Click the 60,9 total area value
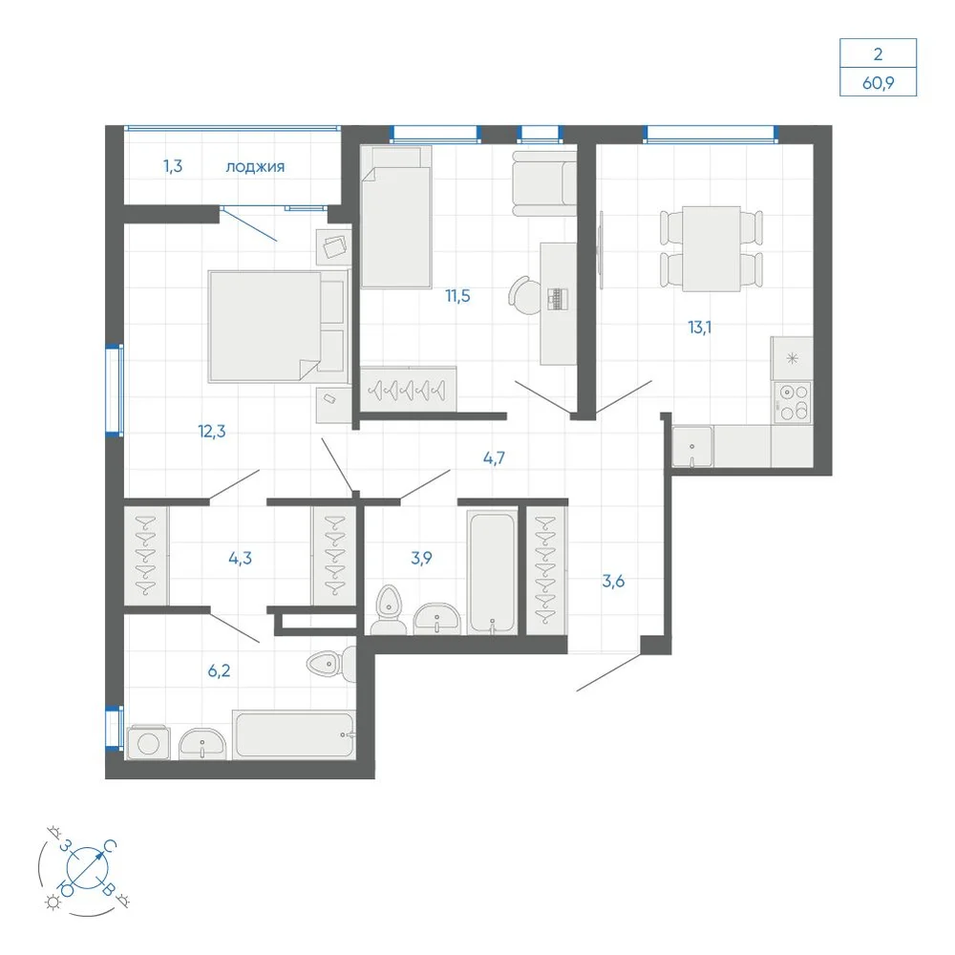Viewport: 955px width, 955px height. (878, 82)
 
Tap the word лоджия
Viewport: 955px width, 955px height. (255, 167)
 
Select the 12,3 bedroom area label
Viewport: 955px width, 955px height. (211, 432)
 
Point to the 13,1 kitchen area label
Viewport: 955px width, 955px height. (700, 328)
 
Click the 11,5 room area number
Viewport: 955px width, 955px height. (457, 296)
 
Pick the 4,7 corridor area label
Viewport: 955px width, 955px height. (494, 458)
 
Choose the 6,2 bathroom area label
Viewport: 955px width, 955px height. (220, 670)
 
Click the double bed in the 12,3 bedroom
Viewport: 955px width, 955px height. (278, 327)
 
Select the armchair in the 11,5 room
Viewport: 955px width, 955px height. (544, 183)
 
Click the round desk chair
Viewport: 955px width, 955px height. (523, 295)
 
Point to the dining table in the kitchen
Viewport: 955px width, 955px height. (711, 249)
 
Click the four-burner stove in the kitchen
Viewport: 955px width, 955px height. (793, 401)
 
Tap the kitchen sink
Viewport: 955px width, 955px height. (691, 448)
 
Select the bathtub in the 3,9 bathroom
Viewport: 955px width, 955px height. (492, 572)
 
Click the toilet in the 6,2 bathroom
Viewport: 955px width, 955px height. (331, 664)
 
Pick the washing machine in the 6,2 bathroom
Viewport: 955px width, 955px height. (148, 742)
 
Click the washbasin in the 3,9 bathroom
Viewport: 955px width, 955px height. (437, 620)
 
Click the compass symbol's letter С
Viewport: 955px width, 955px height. (110, 846)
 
